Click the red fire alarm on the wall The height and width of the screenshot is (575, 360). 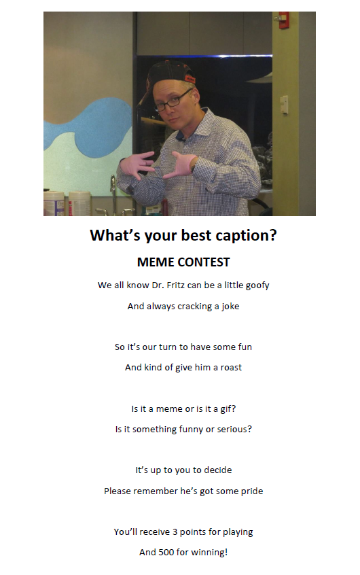[284, 20]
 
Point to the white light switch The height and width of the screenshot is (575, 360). [284, 105]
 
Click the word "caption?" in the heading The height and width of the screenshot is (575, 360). [246, 235]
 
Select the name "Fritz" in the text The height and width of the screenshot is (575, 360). [176, 285]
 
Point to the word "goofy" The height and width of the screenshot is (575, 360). [257, 285]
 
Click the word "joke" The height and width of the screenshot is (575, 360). [230, 307]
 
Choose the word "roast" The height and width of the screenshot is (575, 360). [231, 368]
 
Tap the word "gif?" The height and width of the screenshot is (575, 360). [228, 409]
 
